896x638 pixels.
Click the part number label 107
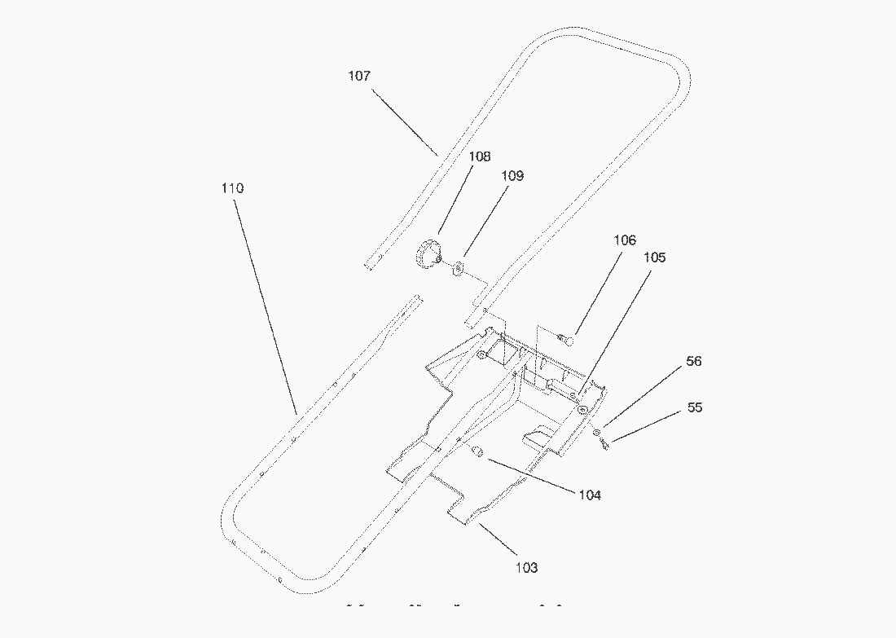coord(359,76)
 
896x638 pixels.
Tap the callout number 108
coord(479,156)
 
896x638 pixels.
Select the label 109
coord(512,175)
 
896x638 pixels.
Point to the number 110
coord(232,188)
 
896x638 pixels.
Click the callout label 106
coord(625,240)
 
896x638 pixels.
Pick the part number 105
coord(654,257)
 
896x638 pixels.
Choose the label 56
coord(693,361)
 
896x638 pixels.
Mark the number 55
coord(695,407)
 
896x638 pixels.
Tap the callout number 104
coord(590,495)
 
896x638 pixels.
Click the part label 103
coord(527,567)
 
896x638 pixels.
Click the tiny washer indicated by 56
coord(597,432)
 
